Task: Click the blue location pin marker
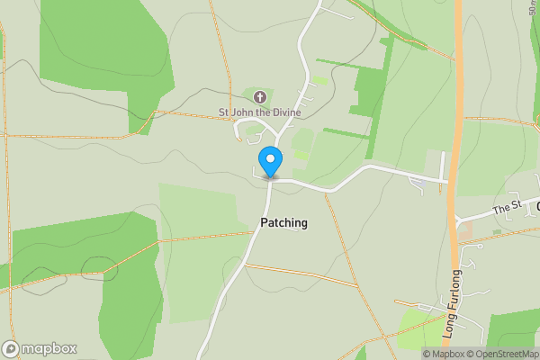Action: pyautogui.click(x=270, y=162)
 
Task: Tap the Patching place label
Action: pyautogui.click(x=283, y=222)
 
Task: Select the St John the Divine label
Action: pyautogui.click(x=259, y=112)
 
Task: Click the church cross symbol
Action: pyautogui.click(x=260, y=97)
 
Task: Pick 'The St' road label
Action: pyautogui.click(x=507, y=210)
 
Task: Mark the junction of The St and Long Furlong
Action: pyautogui.click(x=455, y=220)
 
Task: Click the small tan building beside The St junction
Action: pyautogui.click(x=464, y=231)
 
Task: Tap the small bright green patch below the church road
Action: pyautogui.click(x=301, y=154)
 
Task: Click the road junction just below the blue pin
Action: pyautogui.click(x=270, y=179)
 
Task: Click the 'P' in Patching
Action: pyautogui.click(x=264, y=222)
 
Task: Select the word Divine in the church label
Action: pyautogui.click(x=284, y=112)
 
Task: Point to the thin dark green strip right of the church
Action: pyautogui.click(x=346, y=132)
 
